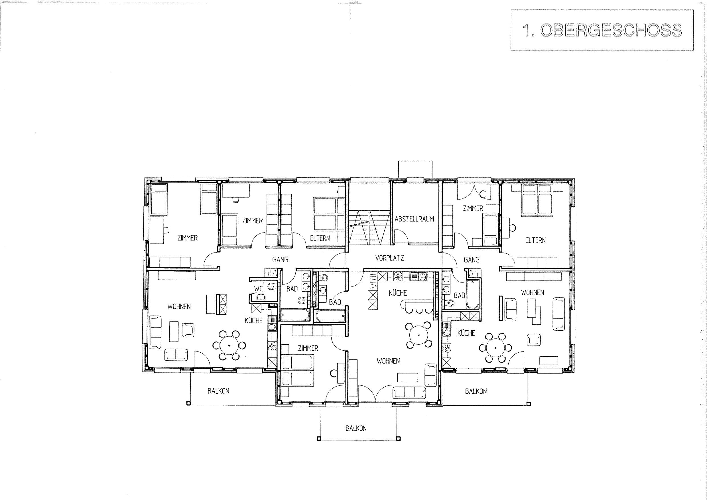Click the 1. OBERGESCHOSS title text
(602, 30)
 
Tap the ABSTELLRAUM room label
(414, 219)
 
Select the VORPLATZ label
(389, 258)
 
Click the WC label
(259, 289)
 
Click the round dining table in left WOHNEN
(229, 345)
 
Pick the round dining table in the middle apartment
(419, 335)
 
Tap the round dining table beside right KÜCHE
(495, 348)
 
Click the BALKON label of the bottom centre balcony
(356, 428)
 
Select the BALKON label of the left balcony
(218, 391)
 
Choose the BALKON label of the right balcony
(476, 391)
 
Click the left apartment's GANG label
(280, 259)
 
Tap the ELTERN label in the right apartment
(535, 240)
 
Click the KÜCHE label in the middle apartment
(398, 293)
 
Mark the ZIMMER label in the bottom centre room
(308, 348)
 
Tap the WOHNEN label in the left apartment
(179, 306)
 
